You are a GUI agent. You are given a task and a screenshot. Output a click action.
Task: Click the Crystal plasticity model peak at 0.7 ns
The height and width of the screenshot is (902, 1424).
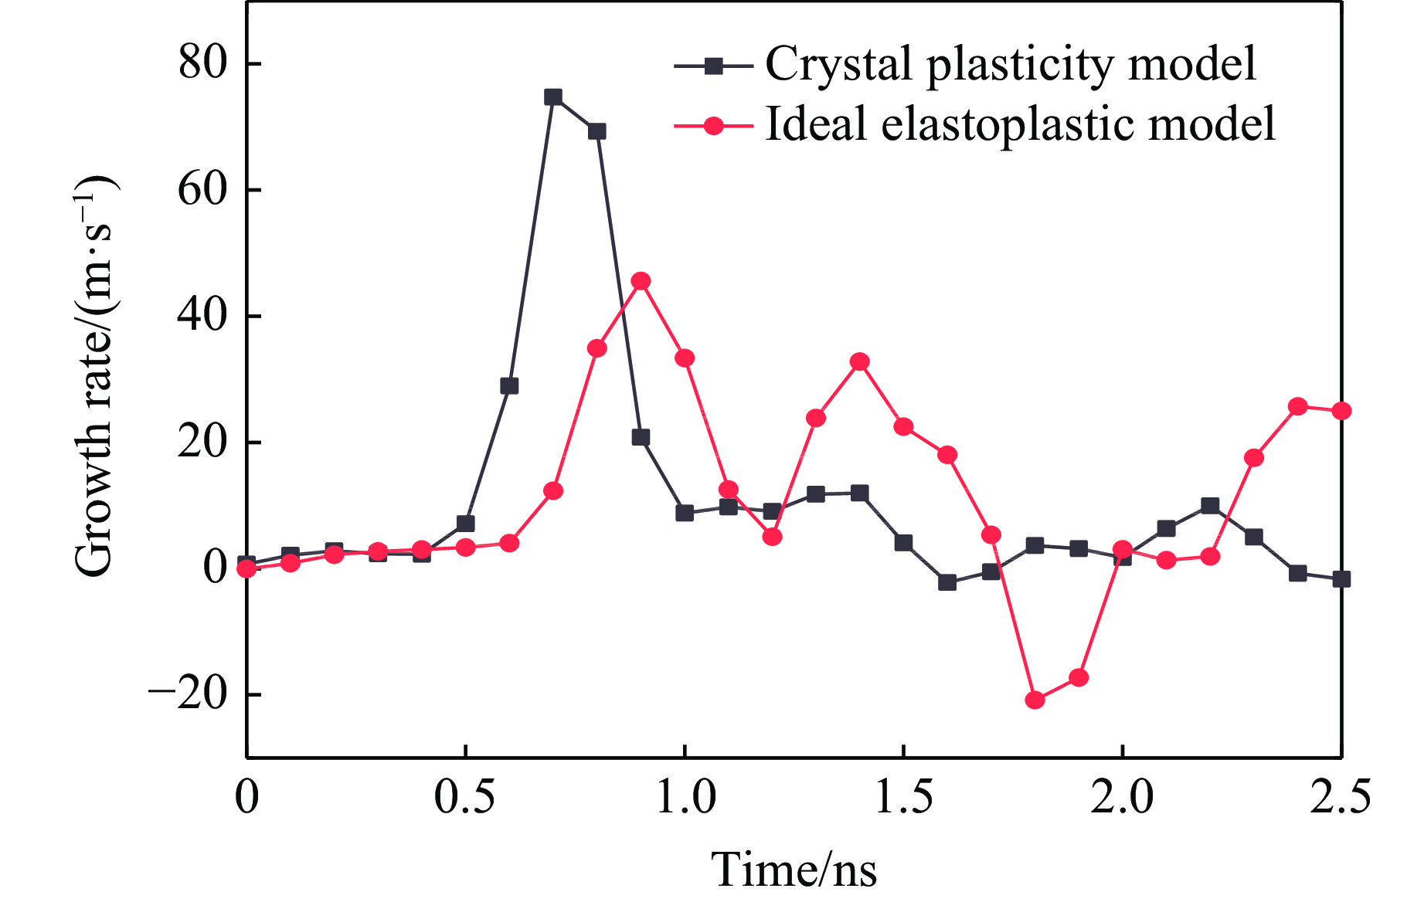point(552,97)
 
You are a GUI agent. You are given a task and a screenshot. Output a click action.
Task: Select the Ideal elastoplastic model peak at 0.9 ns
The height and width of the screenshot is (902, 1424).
point(641,280)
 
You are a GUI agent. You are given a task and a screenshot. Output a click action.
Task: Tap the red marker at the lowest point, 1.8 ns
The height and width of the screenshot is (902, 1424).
point(1035,700)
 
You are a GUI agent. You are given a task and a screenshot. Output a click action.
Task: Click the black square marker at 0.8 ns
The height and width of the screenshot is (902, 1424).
point(596,131)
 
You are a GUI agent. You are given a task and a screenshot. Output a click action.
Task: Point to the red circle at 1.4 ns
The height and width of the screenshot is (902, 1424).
point(860,361)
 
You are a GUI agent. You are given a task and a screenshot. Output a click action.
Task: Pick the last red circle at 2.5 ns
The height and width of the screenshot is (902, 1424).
point(1341,411)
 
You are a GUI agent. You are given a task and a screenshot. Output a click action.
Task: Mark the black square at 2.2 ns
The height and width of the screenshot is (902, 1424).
point(1210,506)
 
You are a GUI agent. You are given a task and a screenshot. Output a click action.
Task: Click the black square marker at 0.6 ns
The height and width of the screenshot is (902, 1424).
point(509,385)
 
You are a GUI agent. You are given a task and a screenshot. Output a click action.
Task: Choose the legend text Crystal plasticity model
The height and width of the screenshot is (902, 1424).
point(1010,63)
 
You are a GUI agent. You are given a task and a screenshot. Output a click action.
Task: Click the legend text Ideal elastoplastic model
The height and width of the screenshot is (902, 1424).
point(1020,124)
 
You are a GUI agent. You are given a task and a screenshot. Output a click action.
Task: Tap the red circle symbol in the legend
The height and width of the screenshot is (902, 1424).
point(714,126)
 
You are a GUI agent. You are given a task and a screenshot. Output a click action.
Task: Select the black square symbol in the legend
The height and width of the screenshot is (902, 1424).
point(714,66)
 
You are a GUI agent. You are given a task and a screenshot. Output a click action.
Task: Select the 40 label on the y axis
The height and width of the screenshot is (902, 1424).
point(202,315)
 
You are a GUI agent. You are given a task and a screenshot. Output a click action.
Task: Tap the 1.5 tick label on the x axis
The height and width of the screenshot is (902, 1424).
point(903,797)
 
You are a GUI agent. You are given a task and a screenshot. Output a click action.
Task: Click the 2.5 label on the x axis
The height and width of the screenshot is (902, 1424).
point(1340,797)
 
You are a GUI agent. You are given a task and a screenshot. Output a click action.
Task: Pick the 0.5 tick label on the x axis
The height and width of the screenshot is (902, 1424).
point(464,797)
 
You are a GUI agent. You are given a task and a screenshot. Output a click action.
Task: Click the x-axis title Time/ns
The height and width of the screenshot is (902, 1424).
point(794,870)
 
